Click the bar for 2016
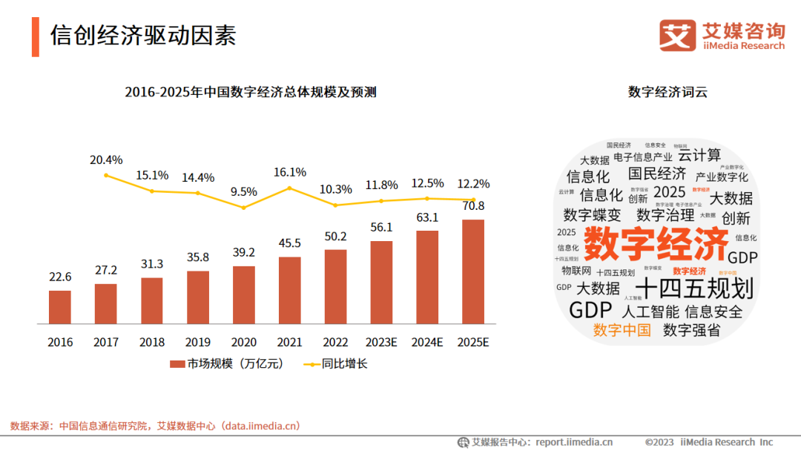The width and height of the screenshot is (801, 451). point(60,307)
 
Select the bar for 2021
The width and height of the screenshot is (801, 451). point(289,290)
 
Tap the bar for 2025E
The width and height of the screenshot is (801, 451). point(473,271)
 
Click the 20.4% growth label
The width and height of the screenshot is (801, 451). point(106,159)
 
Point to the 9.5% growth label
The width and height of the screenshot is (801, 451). point(243,191)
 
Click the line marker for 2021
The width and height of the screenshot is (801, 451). point(290,188)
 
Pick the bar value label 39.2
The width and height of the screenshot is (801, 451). point(243,252)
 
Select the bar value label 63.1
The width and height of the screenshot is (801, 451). point(427,217)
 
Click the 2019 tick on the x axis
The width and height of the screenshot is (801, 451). point(198,343)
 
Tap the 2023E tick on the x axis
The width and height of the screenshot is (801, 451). point(381,343)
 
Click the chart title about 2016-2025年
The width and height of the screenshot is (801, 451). point(251,92)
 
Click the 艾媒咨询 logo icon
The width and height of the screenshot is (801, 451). point(677,36)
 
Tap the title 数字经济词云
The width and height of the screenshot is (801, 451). point(667,92)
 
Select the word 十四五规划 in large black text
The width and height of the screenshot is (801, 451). point(695,289)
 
